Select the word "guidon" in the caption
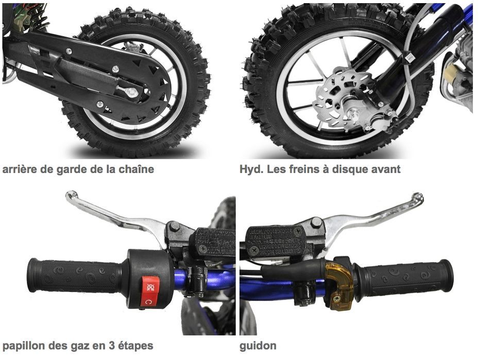pos(258,346)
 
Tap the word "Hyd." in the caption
pos(251,169)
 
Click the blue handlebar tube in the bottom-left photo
pos(216,281)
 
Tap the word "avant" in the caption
pos(386,169)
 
